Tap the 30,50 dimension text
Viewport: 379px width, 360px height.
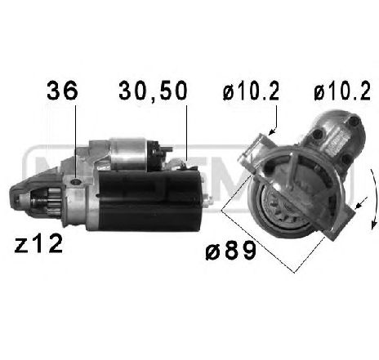click(153, 90)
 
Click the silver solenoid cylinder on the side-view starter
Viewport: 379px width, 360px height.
click(131, 150)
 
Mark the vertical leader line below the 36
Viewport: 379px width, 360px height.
click(75, 135)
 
